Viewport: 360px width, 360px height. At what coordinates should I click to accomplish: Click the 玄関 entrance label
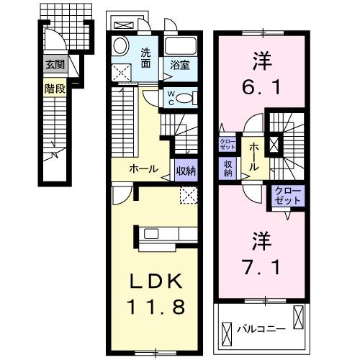coord(53,65)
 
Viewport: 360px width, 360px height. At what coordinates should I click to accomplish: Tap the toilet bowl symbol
coord(186,99)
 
